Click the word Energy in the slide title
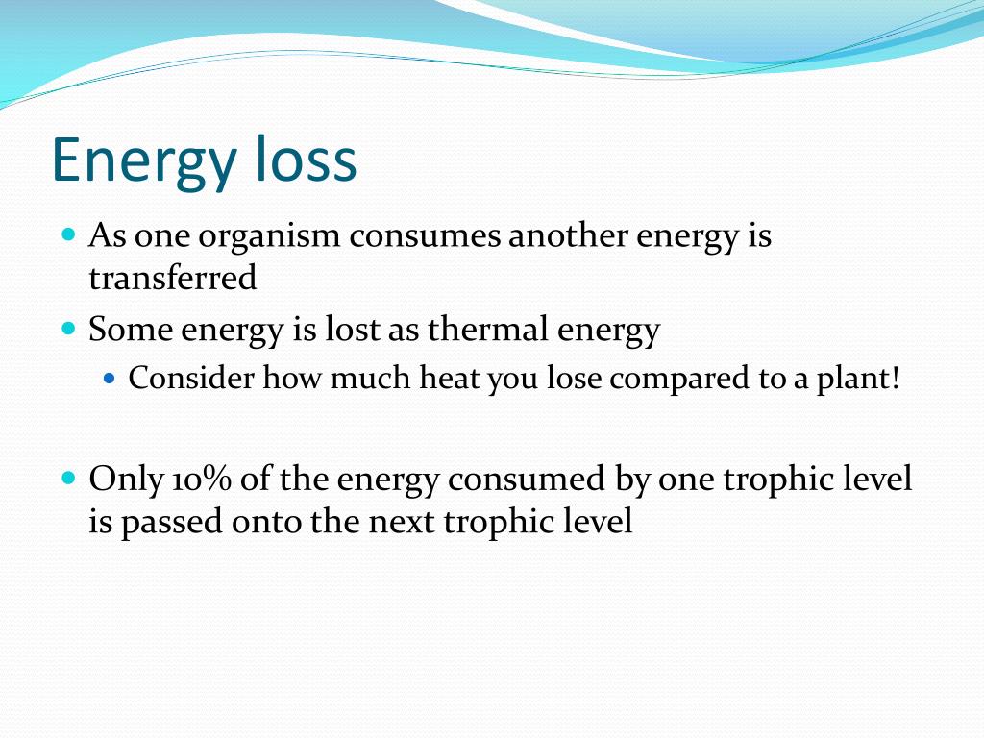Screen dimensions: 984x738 coord(143,160)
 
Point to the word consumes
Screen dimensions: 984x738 coord(425,236)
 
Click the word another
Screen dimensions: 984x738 coord(567,235)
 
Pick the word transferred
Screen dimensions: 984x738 coord(173,278)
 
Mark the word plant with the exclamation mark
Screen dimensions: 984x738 coord(858,379)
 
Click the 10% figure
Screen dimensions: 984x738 coord(201,479)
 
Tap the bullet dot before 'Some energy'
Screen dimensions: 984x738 coord(69,329)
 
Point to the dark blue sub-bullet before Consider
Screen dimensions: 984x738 coord(110,379)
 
